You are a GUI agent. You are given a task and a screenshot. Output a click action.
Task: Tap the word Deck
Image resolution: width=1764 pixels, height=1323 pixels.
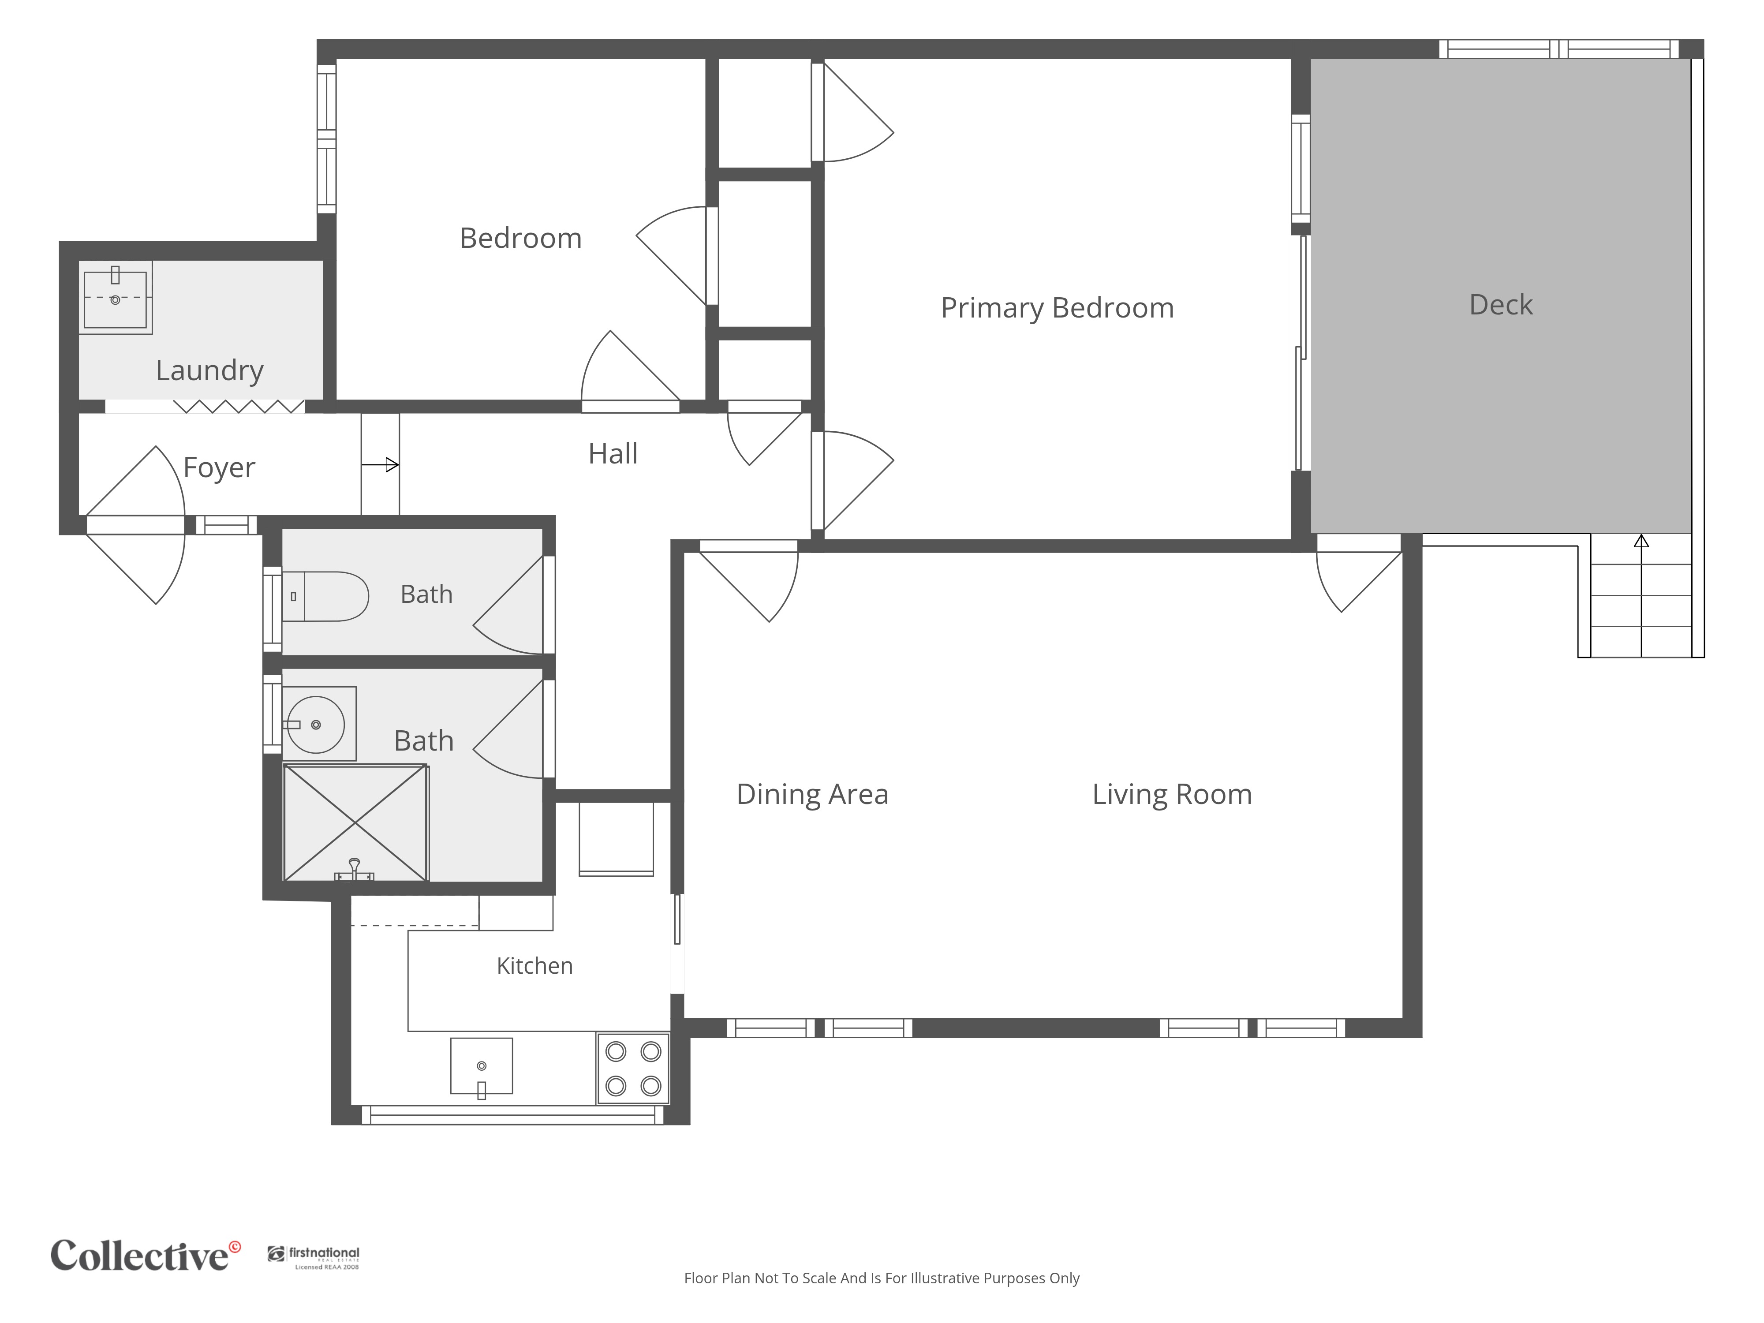(1501, 305)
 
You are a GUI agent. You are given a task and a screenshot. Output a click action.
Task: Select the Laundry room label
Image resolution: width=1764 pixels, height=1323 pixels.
(209, 371)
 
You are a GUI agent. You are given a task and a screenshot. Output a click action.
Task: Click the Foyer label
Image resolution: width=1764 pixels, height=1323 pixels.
(219, 468)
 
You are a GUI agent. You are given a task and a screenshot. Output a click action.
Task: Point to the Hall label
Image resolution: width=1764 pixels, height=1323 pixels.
(613, 454)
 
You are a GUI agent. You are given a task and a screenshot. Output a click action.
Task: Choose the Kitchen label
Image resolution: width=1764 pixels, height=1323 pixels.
(534, 966)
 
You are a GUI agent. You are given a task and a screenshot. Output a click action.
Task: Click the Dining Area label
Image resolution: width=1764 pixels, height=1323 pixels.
(812, 794)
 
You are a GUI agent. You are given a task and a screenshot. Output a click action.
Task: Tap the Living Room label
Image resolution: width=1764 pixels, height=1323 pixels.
(1171, 794)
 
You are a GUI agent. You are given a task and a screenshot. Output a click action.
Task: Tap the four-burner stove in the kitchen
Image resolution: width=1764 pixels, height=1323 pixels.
(633, 1069)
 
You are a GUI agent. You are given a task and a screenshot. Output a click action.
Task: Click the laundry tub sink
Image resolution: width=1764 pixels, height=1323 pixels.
(116, 298)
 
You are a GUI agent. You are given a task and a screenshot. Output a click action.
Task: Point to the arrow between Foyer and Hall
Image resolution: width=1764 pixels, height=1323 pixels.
(381, 465)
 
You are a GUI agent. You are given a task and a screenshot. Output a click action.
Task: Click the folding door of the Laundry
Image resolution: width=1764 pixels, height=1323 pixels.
(239, 407)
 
